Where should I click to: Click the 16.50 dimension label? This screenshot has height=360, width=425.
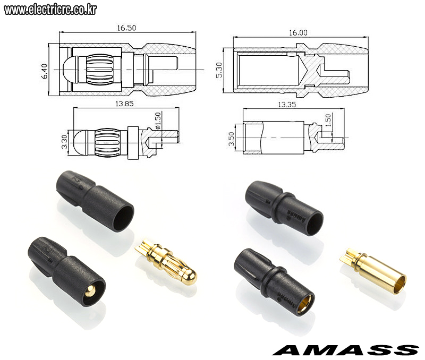point(126,28)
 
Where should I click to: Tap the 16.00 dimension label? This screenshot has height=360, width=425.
point(298,33)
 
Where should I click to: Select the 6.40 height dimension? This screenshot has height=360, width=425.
point(45,71)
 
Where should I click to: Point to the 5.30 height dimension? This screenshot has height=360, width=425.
point(219,70)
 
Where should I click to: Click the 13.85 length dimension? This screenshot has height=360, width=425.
point(124,104)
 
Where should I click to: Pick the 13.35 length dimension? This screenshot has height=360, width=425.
point(287,105)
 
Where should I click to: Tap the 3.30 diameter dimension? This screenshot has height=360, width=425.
point(64,142)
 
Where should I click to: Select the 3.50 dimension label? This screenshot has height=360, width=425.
point(231,139)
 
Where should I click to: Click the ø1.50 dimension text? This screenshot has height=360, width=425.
point(158,121)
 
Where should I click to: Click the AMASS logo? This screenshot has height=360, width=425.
point(346,350)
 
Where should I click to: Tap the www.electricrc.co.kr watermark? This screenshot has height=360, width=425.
point(50,10)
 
